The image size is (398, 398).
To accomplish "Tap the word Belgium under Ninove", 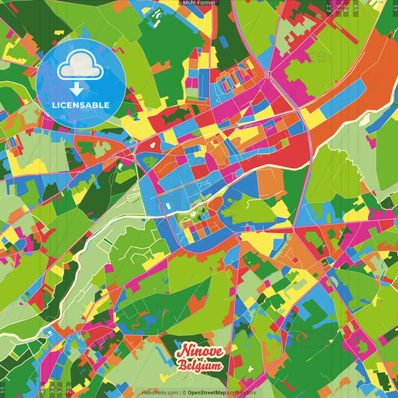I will [x=199, y=365].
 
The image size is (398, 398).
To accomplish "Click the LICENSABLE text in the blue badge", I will [x=80, y=104].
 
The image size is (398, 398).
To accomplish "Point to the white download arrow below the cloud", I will [x=80, y=89].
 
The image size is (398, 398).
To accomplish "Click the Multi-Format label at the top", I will [x=199, y=4].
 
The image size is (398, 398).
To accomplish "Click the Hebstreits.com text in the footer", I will [x=159, y=391].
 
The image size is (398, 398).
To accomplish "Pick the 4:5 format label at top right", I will [x=357, y=7].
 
